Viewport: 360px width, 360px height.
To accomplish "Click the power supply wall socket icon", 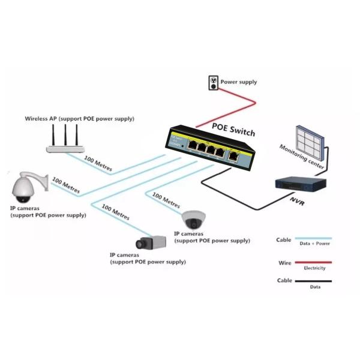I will (x=212, y=82).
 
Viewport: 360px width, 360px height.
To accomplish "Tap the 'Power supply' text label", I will (x=239, y=82).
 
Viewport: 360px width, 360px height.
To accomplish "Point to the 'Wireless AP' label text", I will (x=79, y=118).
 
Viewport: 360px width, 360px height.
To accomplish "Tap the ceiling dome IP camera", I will (x=193, y=217).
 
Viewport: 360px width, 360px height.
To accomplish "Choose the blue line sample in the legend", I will (x=312, y=239).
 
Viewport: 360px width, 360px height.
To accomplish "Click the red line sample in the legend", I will (x=312, y=262).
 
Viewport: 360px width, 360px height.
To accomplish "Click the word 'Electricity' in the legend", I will (x=314, y=268).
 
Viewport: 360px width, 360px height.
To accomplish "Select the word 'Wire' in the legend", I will (x=284, y=263).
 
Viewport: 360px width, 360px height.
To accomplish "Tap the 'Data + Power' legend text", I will (x=313, y=244).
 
